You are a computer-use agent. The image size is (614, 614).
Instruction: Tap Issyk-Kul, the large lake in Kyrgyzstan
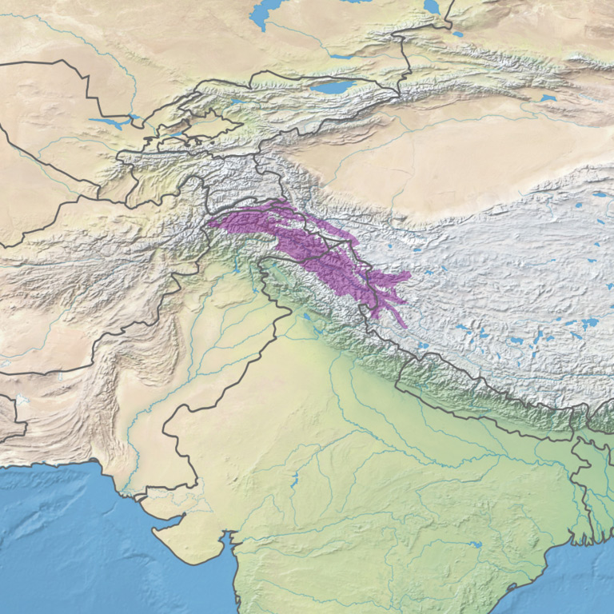tap(335, 86)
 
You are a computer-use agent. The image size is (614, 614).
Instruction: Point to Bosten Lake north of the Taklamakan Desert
tap(548, 98)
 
